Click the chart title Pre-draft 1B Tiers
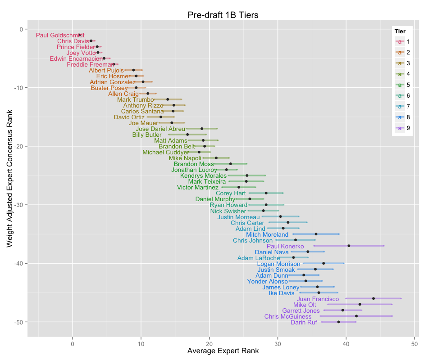(x=223, y=15)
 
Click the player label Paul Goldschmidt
(x=60, y=35)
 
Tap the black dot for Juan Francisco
(x=373, y=298)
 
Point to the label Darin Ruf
(x=304, y=322)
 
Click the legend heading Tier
(x=400, y=31)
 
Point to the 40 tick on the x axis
(x=346, y=345)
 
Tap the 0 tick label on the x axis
(x=73, y=345)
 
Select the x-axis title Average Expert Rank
(x=223, y=351)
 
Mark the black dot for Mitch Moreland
(x=316, y=234)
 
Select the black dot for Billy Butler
(x=188, y=135)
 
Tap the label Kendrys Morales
(x=203, y=175)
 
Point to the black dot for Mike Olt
(x=360, y=304)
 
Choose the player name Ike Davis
(x=282, y=293)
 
